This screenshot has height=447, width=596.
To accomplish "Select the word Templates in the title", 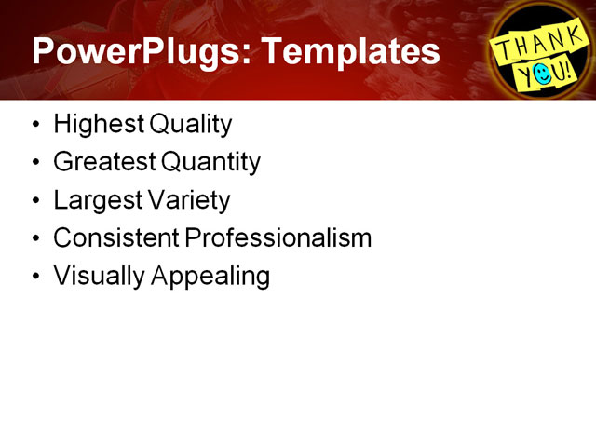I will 353,51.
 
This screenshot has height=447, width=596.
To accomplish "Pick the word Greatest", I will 103,162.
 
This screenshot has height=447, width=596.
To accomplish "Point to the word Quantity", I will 210,162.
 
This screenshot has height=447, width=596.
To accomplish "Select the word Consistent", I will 115,238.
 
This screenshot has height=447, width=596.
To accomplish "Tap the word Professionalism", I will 278,238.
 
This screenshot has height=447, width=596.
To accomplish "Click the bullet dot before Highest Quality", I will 35,125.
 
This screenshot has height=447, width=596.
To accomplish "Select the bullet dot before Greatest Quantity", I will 35,163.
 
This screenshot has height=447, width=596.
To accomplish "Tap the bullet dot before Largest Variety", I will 35,201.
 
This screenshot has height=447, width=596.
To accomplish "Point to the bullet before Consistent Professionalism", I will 35,239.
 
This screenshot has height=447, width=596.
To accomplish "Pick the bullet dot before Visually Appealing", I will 35,278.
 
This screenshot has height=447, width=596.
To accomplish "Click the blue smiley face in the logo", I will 544,72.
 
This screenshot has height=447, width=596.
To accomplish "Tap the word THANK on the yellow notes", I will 533,42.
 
